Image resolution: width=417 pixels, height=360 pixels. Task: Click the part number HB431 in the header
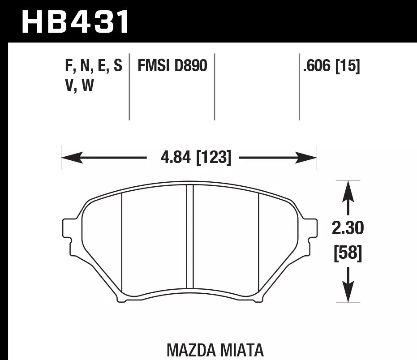coord(75,22)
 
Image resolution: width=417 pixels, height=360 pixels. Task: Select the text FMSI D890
coord(172,66)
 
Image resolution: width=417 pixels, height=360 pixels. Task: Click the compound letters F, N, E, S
coord(93,66)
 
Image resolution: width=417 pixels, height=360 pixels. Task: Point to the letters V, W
coord(79,85)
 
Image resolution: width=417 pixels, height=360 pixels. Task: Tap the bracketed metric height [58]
coord(348,253)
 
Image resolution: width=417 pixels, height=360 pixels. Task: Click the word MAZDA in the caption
coord(191,350)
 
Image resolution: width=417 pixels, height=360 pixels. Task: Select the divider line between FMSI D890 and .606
coord(215,87)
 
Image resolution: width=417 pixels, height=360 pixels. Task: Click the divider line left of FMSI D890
coord(129,87)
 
